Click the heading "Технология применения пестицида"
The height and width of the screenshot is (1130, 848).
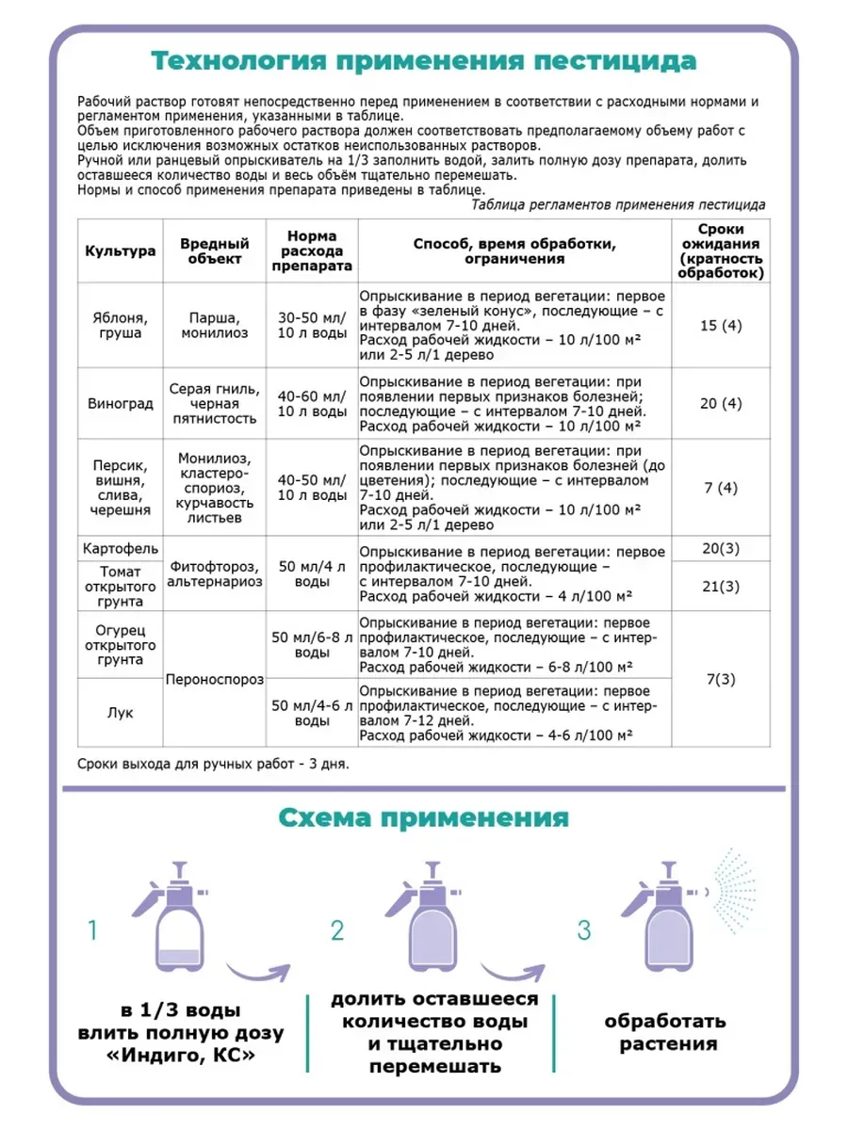(x=424, y=62)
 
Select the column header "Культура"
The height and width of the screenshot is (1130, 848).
(x=120, y=251)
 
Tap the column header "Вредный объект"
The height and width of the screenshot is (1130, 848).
(x=214, y=250)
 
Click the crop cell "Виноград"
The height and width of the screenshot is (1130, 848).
(x=120, y=404)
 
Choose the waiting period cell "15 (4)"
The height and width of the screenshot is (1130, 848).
(x=721, y=326)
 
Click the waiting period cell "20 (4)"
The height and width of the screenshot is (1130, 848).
(x=721, y=403)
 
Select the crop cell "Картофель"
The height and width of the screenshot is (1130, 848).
(x=120, y=549)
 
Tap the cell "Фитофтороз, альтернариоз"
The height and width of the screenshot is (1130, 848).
(x=214, y=575)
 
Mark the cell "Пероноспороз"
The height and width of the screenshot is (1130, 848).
(x=214, y=679)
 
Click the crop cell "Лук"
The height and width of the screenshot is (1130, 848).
(x=120, y=713)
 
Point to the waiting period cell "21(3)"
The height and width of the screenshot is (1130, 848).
(x=721, y=587)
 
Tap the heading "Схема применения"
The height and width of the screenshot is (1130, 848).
(x=424, y=816)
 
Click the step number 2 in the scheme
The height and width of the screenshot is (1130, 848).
(x=338, y=931)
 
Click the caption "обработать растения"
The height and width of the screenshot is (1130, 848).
(x=665, y=1032)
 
